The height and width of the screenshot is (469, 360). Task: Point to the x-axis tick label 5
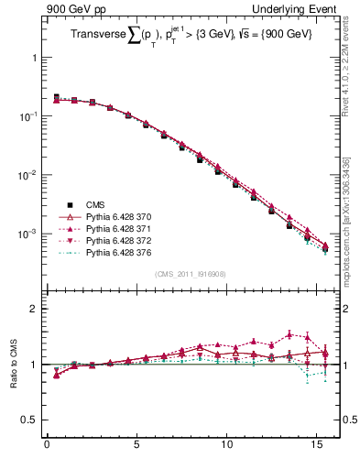click(x=136, y=448)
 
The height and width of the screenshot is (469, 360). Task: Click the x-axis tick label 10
click(x=226, y=448)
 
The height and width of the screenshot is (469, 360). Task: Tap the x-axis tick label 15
click(x=316, y=448)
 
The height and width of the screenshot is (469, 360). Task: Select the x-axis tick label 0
click(x=47, y=448)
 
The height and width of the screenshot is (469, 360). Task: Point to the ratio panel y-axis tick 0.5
click(x=29, y=420)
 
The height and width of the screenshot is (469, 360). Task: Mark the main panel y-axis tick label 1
click(x=34, y=57)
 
